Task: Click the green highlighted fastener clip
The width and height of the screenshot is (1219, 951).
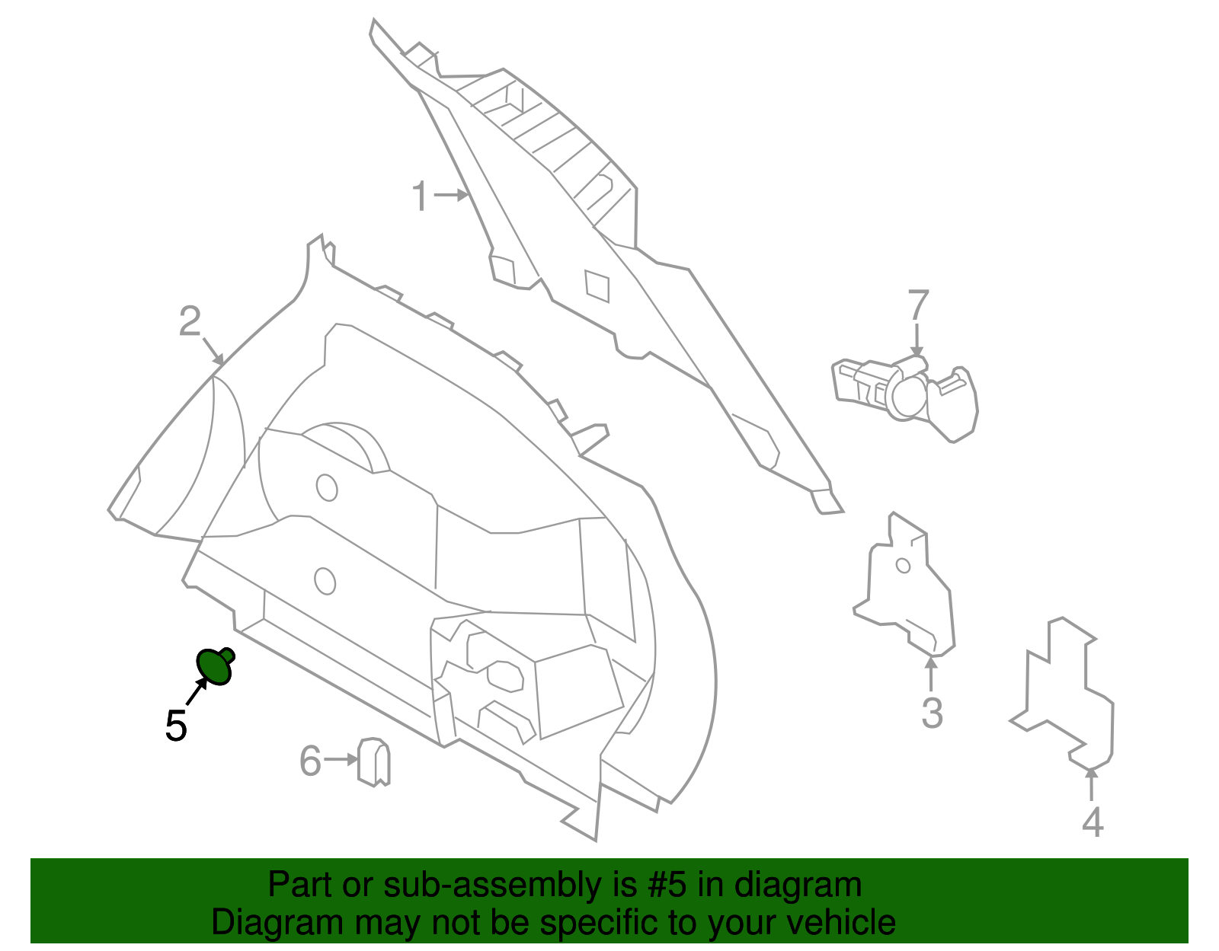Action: pyautogui.click(x=215, y=665)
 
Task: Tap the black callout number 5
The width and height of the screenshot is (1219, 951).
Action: pyautogui.click(x=176, y=726)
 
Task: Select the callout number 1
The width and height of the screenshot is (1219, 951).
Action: pyautogui.click(x=421, y=196)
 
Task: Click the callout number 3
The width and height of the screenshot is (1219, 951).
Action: pyautogui.click(x=932, y=713)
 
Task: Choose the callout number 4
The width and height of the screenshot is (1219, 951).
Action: pyautogui.click(x=1093, y=822)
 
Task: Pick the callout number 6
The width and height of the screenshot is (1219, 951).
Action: pyautogui.click(x=310, y=761)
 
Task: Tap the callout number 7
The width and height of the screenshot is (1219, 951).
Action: pyautogui.click(x=919, y=305)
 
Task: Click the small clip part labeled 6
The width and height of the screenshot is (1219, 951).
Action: pyautogui.click(x=374, y=761)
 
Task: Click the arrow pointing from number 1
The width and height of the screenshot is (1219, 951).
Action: pyautogui.click(x=451, y=196)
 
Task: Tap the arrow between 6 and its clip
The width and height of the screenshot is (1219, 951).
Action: pyautogui.click(x=341, y=760)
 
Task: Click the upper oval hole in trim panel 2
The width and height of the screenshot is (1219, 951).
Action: pyautogui.click(x=327, y=487)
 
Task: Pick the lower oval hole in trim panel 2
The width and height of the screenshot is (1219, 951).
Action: pyautogui.click(x=325, y=580)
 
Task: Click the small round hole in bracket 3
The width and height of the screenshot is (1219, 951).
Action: pyautogui.click(x=903, y=566)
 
